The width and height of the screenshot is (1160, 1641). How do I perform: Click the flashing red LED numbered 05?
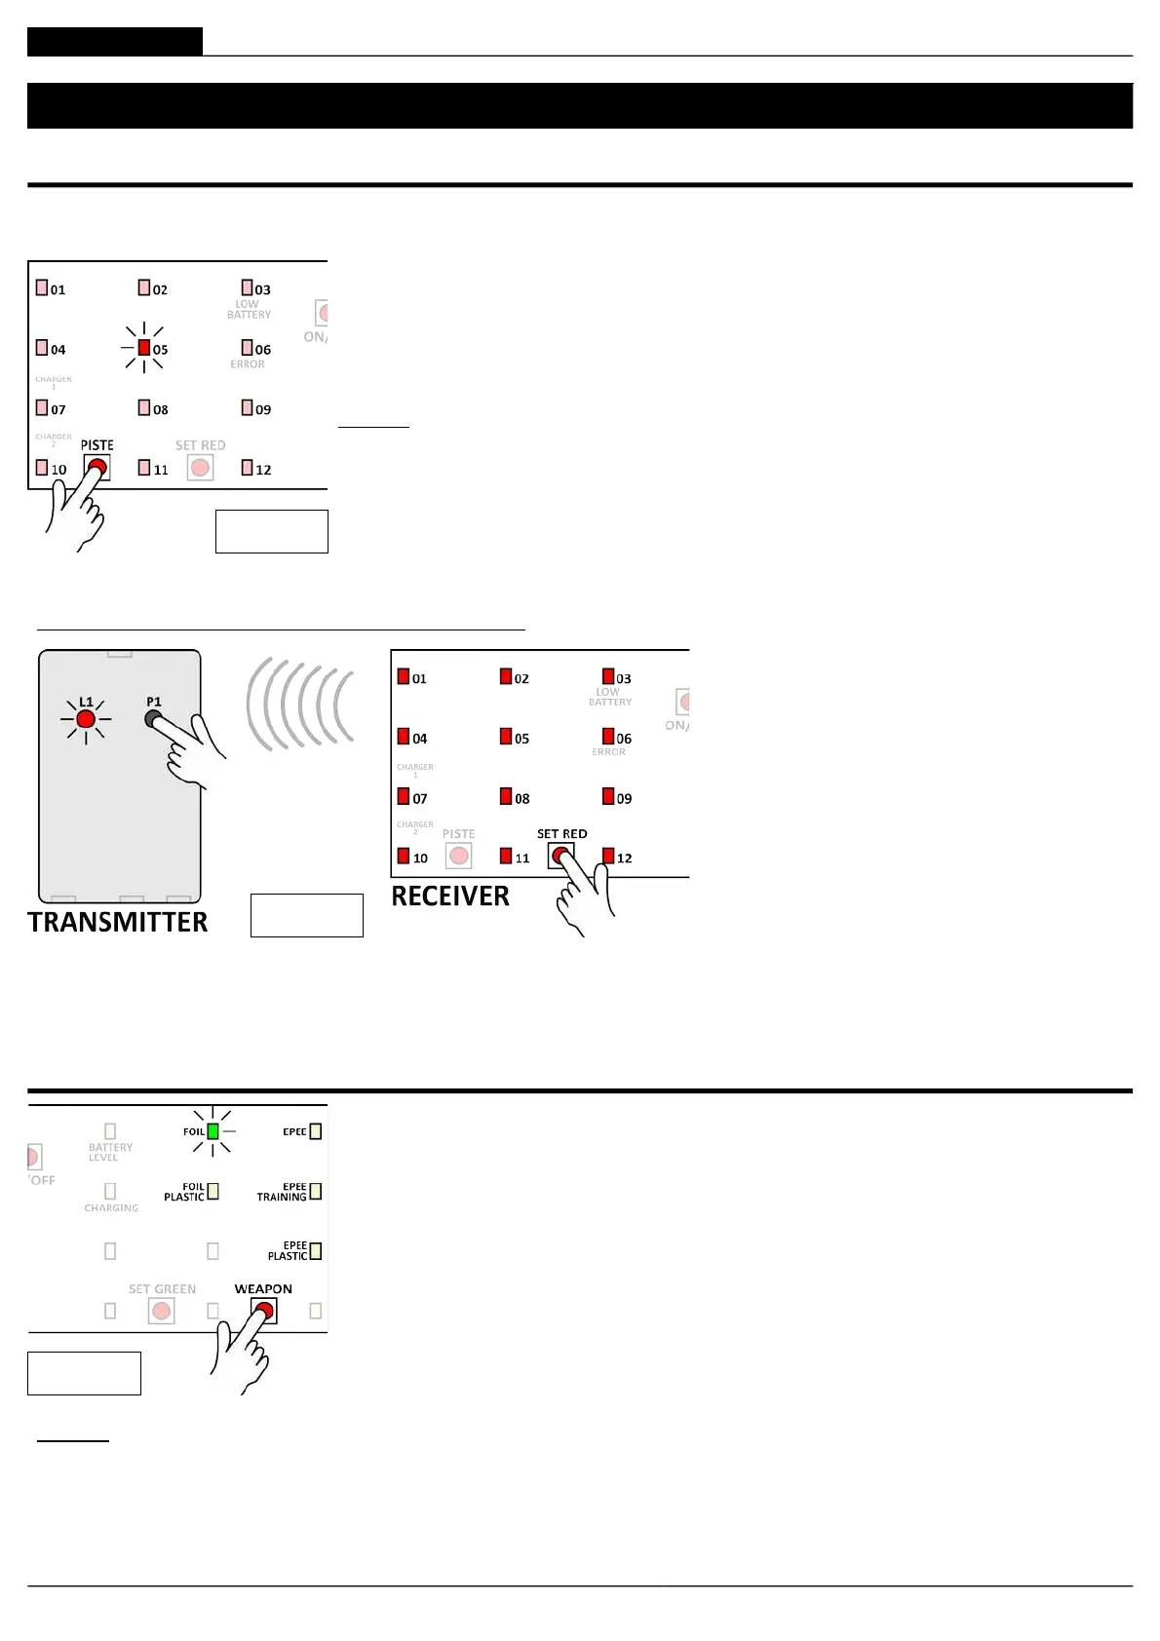tap(144, 348)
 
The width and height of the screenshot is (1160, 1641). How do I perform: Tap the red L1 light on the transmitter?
tap(86, 719)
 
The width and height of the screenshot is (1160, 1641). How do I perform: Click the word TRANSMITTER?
tap(118, 922)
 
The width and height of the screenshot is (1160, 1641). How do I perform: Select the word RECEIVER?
tap(450, 896)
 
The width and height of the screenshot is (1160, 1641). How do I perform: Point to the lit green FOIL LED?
tap(213, 1131)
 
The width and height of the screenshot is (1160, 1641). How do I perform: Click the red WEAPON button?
tap(264, 1311)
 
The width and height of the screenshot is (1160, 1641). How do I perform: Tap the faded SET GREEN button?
tap(162, 1311)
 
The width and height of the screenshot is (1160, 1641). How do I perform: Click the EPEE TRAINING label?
tap(282, 1192)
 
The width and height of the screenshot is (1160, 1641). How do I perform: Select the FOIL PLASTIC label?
tap(184, 1192)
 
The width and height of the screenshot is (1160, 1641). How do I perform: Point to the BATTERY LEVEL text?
tap(110, 1152)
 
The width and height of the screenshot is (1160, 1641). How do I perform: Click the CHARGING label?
tap(111, 1208)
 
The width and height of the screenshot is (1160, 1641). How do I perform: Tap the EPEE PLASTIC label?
tap(288, 1251)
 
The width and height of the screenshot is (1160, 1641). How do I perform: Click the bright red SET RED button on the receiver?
tap(560, 856)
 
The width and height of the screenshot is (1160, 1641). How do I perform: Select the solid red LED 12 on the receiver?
tap(608, 856)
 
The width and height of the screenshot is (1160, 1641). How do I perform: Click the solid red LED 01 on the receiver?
tap(404, 676)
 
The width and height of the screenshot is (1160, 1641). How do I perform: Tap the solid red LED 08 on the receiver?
tap(506, 796)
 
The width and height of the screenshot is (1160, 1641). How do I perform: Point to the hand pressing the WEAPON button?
tap(242, 1355)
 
